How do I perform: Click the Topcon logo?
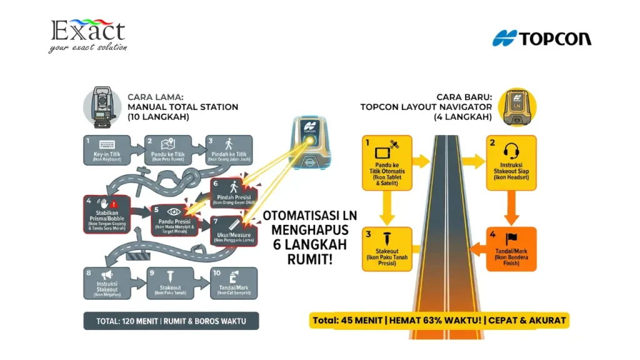[x=541, y=38]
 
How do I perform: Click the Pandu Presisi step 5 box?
[x=174, y=220]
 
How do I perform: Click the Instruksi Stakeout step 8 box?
[x=107, y=283]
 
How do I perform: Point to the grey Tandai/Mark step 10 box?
[x=233, y=283]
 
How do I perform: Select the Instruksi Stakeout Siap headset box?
[x=511, y=162]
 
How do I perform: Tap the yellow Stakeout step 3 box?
[x=387, y=248]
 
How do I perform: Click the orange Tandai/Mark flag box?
[x=512, y=248]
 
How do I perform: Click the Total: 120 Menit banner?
[x=171, y=321]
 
